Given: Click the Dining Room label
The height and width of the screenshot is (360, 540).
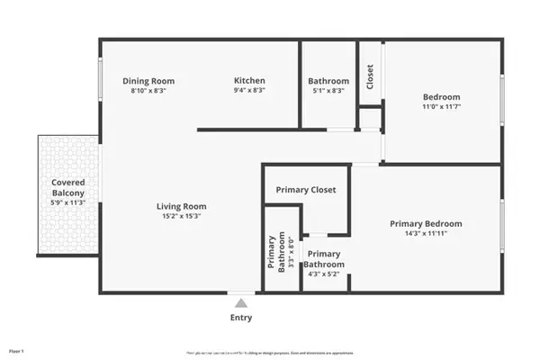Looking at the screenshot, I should (148, 81).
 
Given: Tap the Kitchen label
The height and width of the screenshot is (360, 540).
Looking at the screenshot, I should (249, 81).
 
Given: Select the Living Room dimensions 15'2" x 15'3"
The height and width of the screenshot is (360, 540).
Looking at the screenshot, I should (183, 216).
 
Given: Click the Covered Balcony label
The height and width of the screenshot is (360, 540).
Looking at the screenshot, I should (67, 187).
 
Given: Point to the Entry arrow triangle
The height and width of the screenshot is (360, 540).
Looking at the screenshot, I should (240, 304).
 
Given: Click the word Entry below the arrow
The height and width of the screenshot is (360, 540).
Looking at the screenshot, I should (240, 318).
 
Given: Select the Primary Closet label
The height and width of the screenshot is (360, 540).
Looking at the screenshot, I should (306, 190).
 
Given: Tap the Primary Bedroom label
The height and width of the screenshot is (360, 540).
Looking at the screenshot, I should (426, 224).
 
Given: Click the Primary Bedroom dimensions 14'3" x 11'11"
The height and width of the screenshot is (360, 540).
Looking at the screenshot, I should (426, 234).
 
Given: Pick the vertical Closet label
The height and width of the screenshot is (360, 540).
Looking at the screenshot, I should (370, 76).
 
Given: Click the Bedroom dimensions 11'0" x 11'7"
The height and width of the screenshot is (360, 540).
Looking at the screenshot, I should (442, 108).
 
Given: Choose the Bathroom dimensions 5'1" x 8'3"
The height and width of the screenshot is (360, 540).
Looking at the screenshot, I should (328, 91).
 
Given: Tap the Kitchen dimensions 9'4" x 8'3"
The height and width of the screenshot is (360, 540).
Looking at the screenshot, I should (249, 91).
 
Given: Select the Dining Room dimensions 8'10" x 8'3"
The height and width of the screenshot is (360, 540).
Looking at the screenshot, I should (148, 91).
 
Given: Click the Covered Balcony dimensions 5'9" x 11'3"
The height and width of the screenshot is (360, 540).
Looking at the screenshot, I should (67, 202).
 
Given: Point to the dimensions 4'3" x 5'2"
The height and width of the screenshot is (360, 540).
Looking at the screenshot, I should (324, 274).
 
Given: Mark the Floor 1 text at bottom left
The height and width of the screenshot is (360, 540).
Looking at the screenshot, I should (15, 351).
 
